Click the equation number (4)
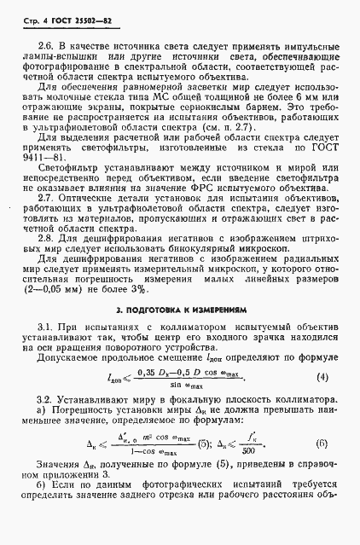(322, 376)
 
